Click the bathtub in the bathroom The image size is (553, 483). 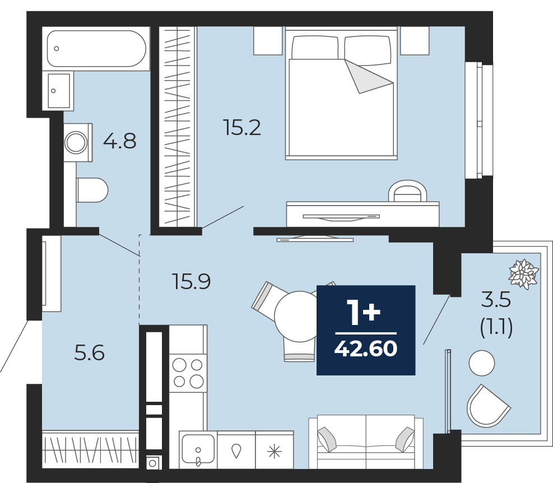pos(96,49)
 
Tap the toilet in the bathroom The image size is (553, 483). pos(92,190)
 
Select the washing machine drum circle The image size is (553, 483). pos(76,142)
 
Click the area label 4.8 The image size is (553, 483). pos(119,141)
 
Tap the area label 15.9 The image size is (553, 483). pos(192,281)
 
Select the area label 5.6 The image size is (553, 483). pos(90,353)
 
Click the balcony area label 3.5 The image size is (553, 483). pos(496,300)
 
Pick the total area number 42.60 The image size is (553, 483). pos(366,349)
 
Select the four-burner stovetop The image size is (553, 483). pos(188,373)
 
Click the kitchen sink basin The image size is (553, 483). pos(198,448)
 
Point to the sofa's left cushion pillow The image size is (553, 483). pos(327,439)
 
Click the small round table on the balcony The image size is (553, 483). pos(482,363)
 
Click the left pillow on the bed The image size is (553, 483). pos(315,47)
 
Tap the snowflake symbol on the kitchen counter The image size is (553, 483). pos(275,451)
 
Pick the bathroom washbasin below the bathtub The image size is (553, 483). pos(58,91)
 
